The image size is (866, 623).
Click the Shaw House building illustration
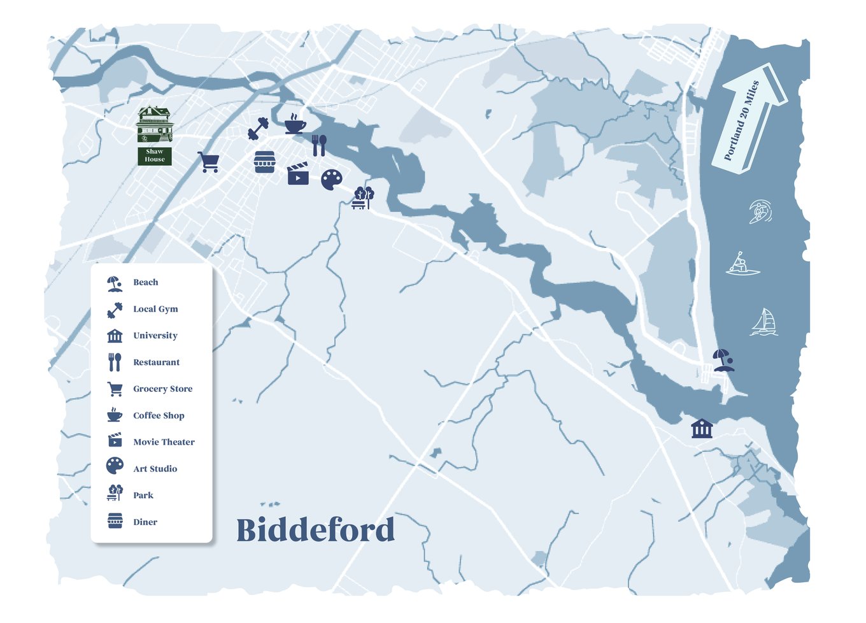(155, 125)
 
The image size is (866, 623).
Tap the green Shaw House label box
(155, 156)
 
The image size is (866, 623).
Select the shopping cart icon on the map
(208, 162)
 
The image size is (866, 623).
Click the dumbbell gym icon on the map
(258, 129)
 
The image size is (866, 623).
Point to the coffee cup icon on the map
(294, 124)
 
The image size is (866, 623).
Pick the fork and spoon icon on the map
(319, 145)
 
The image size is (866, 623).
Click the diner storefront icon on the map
(264, 162)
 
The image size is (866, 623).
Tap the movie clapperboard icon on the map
(298, 174)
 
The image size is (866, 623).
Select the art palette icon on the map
(331, 180)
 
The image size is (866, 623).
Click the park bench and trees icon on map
(363, 198)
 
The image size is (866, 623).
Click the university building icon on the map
(702, 428)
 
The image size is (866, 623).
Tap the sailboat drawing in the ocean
(763, 322)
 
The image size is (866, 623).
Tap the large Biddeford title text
(315, 530)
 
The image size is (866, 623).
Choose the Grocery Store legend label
(162, 389)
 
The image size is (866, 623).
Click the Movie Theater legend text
(164, 442)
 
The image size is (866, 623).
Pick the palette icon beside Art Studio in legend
(115, 466)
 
